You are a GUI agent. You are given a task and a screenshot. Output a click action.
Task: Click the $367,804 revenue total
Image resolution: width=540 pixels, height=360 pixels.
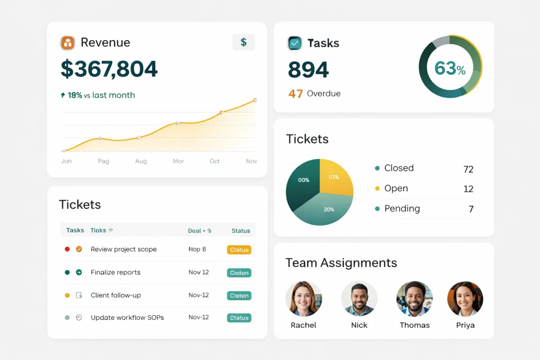109,69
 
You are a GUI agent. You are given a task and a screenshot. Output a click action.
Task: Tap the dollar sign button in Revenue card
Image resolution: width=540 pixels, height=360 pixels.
243,42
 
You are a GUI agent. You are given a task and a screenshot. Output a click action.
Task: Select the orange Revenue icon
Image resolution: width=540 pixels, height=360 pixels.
67,43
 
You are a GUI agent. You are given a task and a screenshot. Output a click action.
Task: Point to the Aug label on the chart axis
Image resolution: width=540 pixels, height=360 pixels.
141,161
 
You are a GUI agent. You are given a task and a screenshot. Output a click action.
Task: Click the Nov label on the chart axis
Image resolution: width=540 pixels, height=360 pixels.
252,161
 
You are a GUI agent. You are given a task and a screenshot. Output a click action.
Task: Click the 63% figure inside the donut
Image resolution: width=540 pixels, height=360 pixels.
450,68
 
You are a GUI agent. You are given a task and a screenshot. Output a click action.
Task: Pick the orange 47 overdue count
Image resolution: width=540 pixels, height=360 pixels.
296,94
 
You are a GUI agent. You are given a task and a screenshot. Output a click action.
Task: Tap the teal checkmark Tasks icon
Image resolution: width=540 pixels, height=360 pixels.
295,43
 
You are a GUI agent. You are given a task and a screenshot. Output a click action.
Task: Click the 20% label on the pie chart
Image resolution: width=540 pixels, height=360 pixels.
329,209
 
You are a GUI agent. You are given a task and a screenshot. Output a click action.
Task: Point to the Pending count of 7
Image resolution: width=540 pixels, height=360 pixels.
471,209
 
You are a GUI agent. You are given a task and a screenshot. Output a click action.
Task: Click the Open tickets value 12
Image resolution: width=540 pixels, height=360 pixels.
468,189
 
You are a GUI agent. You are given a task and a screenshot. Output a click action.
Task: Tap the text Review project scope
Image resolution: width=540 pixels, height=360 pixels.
124,249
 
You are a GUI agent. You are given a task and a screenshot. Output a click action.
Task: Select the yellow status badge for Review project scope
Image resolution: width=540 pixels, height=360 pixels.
239,250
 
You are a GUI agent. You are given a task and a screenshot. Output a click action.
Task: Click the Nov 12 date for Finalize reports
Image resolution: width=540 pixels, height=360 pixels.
198,272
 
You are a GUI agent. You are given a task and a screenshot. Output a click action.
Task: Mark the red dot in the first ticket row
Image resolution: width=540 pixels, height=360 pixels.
67,249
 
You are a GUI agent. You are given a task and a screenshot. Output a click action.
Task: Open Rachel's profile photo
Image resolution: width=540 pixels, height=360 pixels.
304,299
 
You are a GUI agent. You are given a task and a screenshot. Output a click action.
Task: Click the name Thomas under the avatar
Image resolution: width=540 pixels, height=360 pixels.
414,325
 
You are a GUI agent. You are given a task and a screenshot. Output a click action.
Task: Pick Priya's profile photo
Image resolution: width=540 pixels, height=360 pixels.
465,299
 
